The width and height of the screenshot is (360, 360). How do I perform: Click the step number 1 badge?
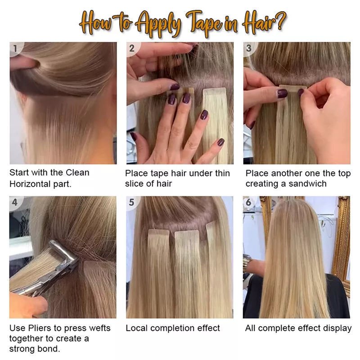(16, 48)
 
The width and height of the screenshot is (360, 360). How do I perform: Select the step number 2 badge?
(132, 48)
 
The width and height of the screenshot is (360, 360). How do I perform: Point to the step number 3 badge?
(248, 48)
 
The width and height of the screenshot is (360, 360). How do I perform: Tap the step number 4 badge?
(15, 202)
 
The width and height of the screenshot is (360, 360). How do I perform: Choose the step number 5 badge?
(132, 202)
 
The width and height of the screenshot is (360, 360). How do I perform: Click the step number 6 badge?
(248, 202)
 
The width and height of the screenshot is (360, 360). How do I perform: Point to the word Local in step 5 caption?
(136, 328)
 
